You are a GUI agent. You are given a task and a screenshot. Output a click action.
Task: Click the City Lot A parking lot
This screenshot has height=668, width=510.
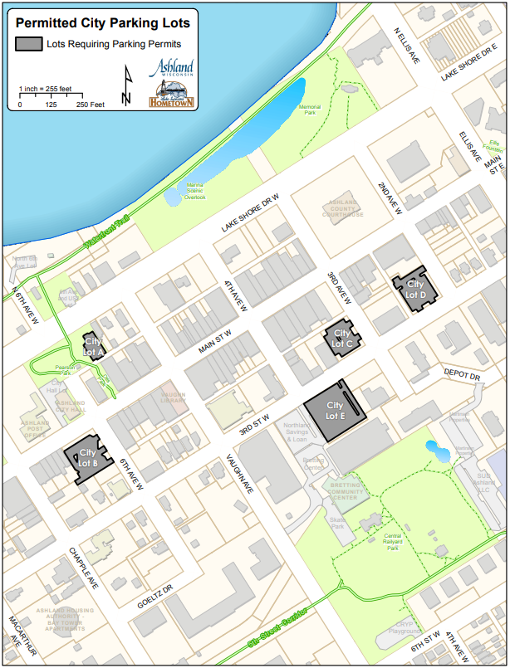coord(93,346)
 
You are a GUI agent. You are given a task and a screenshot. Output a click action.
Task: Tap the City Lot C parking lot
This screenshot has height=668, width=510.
coord(342,338)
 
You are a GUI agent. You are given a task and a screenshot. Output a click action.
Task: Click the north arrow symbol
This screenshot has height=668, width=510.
coord(126,85)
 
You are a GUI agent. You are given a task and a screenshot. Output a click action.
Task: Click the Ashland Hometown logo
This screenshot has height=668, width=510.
coord(171,83)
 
